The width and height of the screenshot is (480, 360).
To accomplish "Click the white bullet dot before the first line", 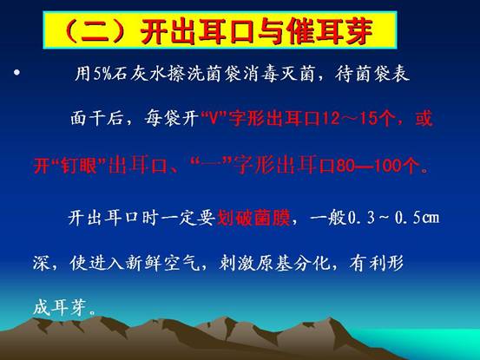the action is click(16, 73).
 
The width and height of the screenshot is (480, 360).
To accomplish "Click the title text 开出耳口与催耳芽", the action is click(257, 31).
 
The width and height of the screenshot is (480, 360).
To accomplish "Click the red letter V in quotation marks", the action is click(214, 118).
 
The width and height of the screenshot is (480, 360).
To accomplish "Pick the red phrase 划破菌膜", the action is click(253, 218).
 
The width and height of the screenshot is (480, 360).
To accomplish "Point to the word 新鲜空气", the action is click(161, 263).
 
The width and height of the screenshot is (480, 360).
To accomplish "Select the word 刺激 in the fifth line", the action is click(236, 263).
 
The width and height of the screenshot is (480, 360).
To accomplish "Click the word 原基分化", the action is click(293, 263).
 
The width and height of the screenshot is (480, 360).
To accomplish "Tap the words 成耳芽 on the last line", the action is click(59, 307).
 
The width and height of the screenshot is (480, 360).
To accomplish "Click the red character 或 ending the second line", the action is click(424, 118).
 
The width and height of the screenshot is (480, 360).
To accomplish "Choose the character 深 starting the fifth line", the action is click(42, 263).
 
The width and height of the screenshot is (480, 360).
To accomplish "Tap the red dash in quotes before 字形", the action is click(212, 165).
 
